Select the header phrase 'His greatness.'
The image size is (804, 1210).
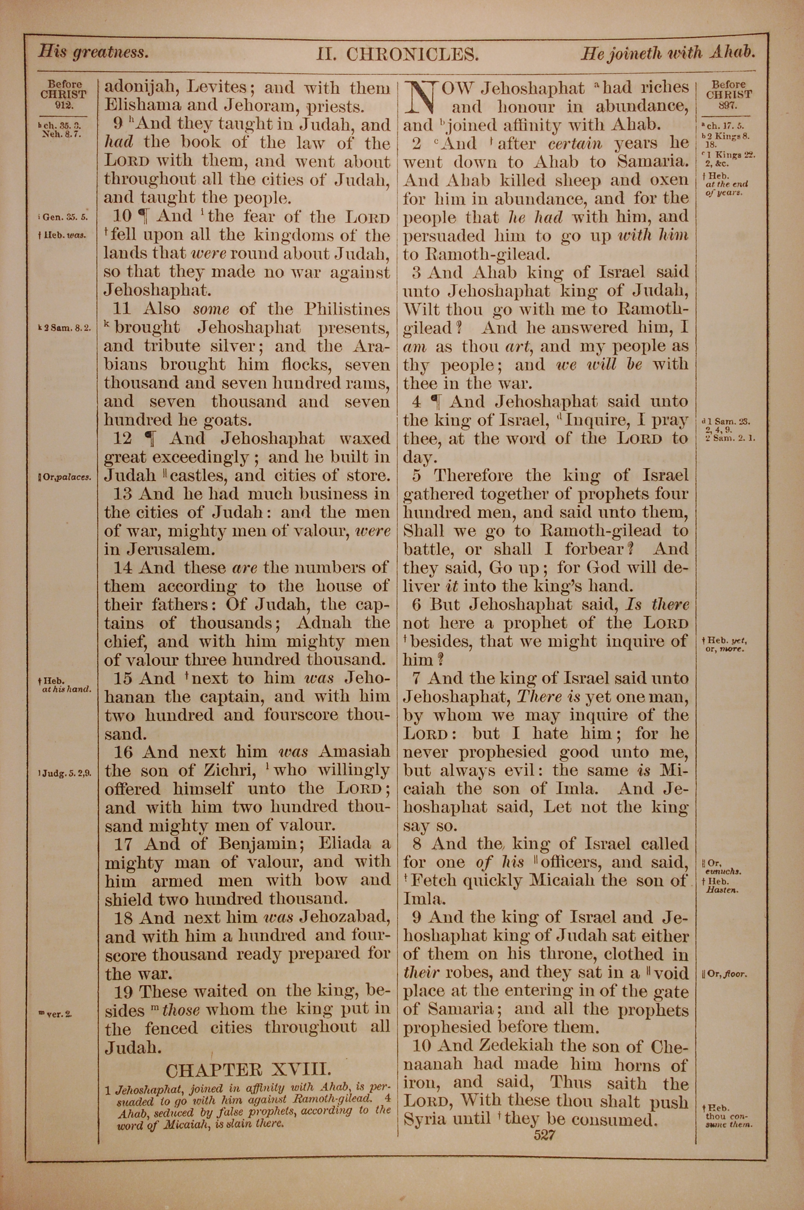pyautogui.click(x=94, y=52)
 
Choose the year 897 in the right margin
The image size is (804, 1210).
pyautogui.click(x=728, y=105)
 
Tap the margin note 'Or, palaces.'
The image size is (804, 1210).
pyautogui.click(x=65, y=477)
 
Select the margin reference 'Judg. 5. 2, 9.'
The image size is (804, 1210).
pyautogui.click(x=65, y=774)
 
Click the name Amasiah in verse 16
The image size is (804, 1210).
pyautogui.click(x=354, y=752)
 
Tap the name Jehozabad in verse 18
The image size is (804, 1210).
pyautogui.click(x=345, y=918)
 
